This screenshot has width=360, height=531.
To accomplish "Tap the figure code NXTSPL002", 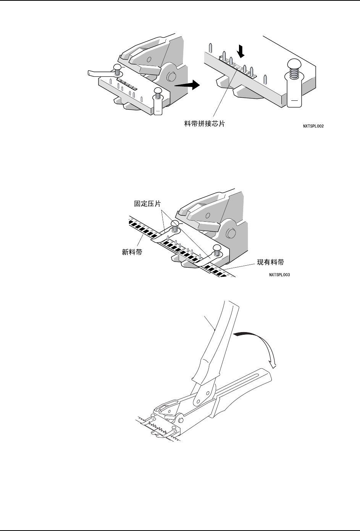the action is pyautogui.click(x=312, y=126).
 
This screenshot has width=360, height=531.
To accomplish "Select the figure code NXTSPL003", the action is pyautogui.click(x=279, y=274).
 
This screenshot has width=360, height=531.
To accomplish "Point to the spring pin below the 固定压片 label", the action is pyautogui.click(x=175, y=227).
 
